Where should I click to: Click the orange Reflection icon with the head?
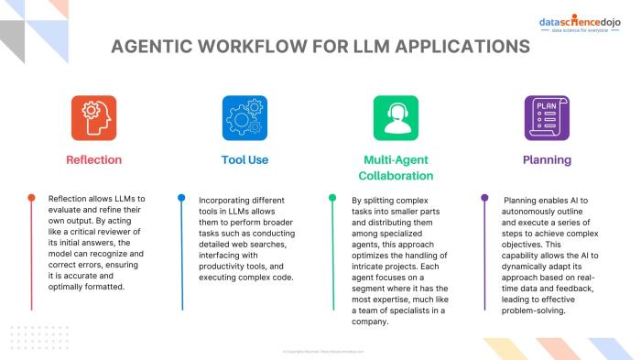(93, 117)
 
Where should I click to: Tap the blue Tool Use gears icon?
(244, 117)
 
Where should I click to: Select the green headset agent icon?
(396, 117)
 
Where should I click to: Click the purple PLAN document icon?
(547, 117)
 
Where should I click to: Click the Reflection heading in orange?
(93, 159)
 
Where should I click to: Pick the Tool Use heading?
(244, 159)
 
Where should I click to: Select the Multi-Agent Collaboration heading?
(396, 167)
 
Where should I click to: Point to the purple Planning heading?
(547, 159)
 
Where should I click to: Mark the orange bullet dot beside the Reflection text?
(31, 198)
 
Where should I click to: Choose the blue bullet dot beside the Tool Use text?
(181, 198)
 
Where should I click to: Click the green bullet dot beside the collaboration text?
(332, 198)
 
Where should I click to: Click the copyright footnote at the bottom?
(320, 351)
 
